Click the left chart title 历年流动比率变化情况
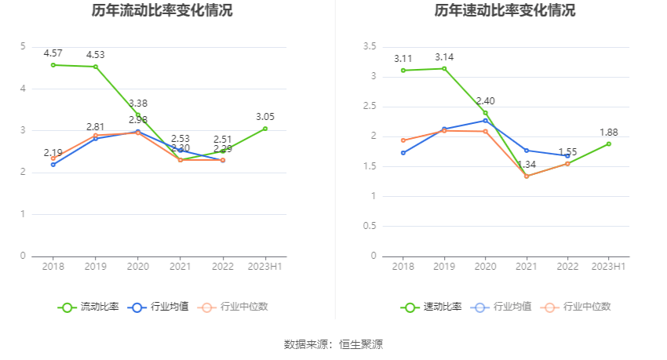(x=162, y=11)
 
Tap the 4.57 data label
(x=53, y=53)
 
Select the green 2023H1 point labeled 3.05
(x=265, y=129)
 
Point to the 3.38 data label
(x=138, y=104)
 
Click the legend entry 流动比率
(x=89, y=307)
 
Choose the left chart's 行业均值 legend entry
(x=160, y=307)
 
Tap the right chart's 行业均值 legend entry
(x=503, y=307)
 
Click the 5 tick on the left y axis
(x=23, y=46)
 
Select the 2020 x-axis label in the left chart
(x=138, y=267)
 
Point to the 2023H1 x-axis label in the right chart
(x=608, y=267)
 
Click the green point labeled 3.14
(x=444, y=68)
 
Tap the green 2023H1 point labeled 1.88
(x=608, y=144)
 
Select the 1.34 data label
(x=527, y=164)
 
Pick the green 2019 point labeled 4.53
(x=96, y=67)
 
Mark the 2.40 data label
(x=485, y=101)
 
